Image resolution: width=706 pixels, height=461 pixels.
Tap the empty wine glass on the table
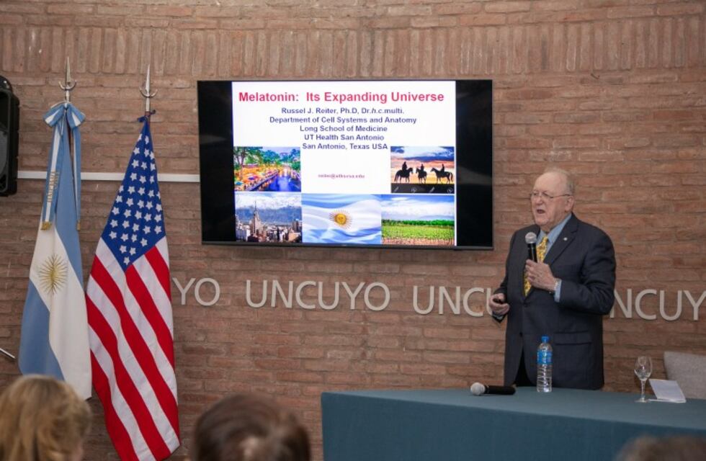tap(643, 375)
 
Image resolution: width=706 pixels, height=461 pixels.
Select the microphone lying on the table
tap(493, 389)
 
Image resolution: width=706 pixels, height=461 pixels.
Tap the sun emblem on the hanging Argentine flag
tap(52, 274)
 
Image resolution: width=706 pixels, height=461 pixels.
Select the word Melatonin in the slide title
tap(269, 97)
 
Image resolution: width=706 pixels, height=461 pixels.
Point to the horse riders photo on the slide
tap(422, 170)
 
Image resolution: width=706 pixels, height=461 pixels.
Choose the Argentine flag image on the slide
tap(341, 219)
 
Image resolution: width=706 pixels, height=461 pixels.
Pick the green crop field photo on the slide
tap(418, 220)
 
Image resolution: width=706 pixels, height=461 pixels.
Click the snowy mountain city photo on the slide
tap(268, 218)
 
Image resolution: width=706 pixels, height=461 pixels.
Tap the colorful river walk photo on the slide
tap(267, 169)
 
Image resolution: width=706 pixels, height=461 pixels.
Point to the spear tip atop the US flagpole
tap(147, 86)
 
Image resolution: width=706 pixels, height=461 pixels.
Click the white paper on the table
tap(668, 390)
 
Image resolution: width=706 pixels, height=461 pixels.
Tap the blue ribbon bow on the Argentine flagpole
tap(66, 117)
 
